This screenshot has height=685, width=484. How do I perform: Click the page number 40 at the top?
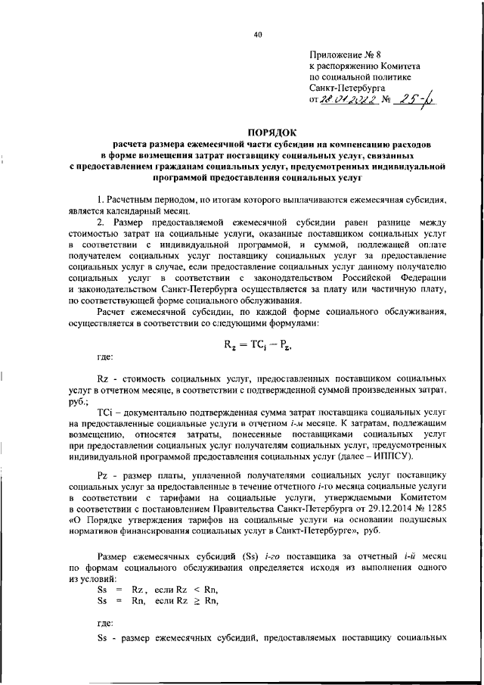257,33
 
